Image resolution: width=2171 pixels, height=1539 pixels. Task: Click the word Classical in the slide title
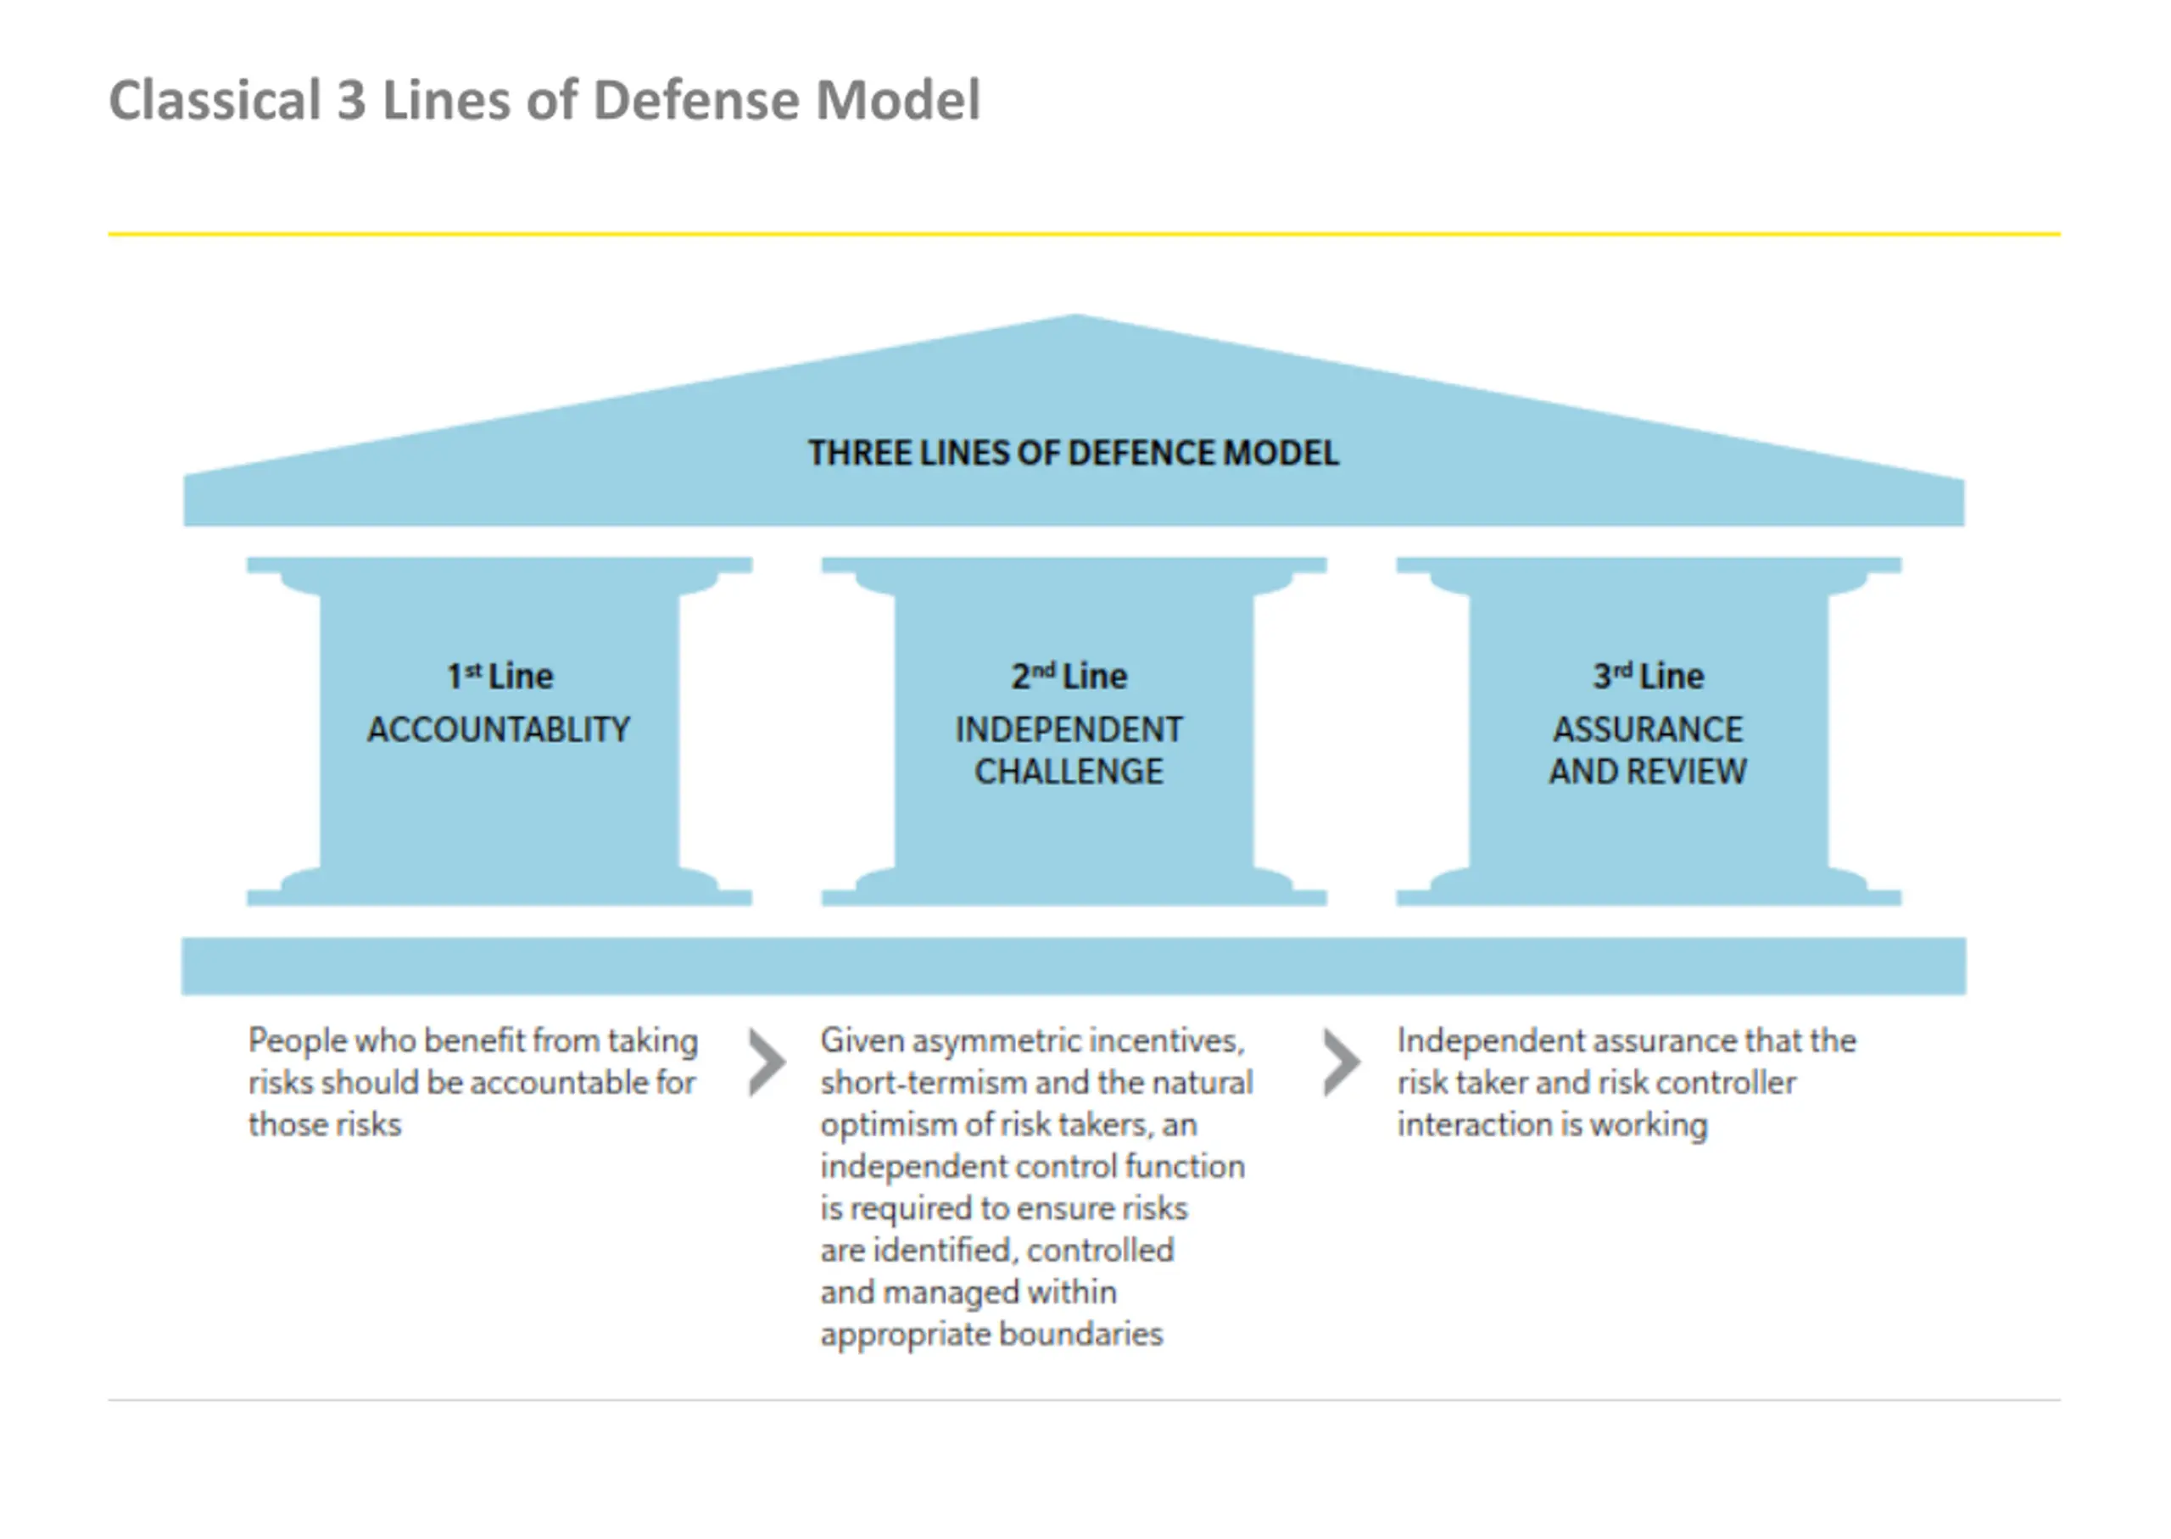coord(215,99)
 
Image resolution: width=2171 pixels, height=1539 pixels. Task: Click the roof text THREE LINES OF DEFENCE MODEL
coord(1074,453)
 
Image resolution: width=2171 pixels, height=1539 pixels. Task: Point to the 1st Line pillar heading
coord(499,676)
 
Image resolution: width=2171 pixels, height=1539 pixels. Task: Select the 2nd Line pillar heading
coord(1069,676)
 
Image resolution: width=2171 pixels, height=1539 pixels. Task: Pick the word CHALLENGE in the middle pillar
coord(1069,772)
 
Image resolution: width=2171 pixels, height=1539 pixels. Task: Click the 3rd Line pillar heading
coord(1648,676)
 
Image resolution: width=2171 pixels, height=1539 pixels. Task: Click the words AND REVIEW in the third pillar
coord(1648,772)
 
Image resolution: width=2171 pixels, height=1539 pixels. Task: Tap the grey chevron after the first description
coord(767,1062)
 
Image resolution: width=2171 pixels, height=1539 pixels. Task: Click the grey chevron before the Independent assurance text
coord(1342,1062)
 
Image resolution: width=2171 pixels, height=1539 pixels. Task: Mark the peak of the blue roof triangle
coord(1075,315)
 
